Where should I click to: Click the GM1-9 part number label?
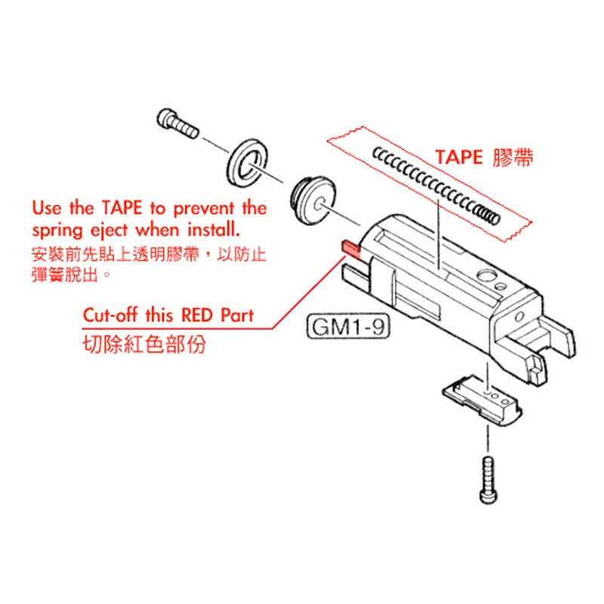(348, 328)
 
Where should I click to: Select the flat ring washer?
(248, 163)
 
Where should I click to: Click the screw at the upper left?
(177, 123)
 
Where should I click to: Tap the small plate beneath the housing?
(482, 400)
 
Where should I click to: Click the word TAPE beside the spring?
(459, 158)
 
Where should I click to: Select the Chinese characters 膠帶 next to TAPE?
(513, 158)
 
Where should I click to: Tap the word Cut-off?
(110, 315)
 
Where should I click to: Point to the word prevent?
(204, 209)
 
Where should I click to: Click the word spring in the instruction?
(57, 231)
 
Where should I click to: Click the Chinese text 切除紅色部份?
(144, 344)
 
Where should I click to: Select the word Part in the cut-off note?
(237, 315)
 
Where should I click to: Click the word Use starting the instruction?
(47, 208)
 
